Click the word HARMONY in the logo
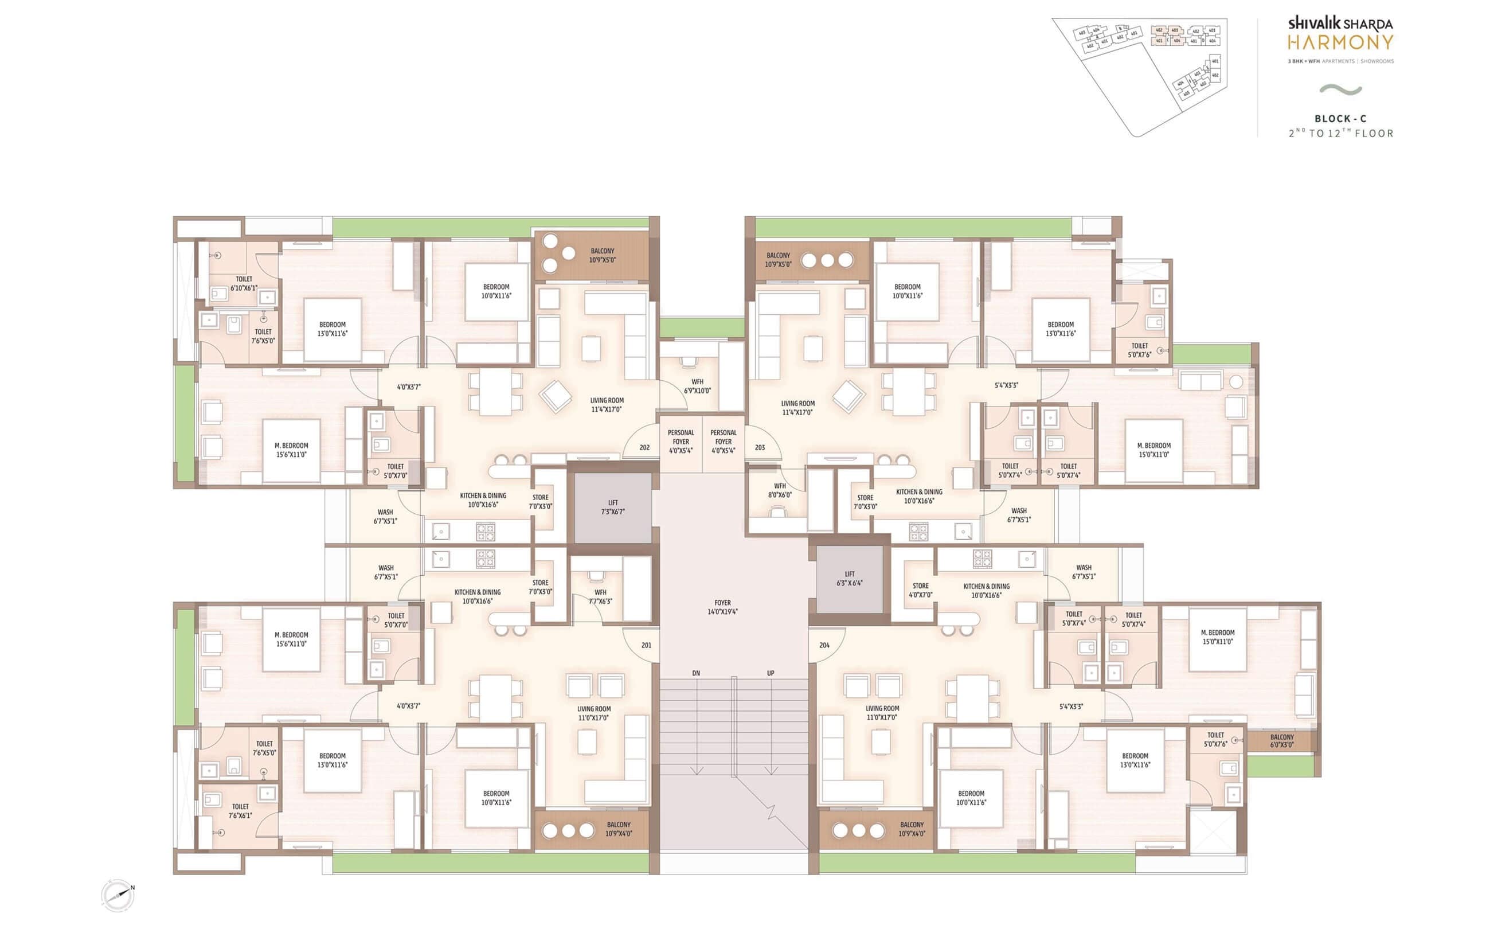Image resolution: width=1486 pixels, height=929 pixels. point(1340,42)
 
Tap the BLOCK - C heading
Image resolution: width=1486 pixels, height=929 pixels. point(1340,119)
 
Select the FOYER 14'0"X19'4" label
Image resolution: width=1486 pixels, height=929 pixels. point(722,607)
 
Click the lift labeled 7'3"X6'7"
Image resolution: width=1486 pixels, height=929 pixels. point(613,507)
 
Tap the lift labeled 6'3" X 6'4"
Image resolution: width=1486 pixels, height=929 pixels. point(849,578)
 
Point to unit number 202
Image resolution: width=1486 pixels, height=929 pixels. point(644,447)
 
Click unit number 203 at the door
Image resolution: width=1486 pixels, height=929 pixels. point(760,447)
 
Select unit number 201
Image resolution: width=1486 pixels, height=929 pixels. point(646,645)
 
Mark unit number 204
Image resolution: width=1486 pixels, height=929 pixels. point(824,645)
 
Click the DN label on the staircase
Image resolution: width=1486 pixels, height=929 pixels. point(696,673)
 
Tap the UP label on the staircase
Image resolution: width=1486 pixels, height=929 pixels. point(770,673)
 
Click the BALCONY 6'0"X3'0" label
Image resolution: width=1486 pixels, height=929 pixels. point(1281,740)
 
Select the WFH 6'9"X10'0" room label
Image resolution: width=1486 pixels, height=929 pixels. point(697,386)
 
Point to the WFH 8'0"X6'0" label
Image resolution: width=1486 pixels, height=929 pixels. point(779,490)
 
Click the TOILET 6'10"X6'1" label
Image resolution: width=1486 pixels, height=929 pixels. point(244,283)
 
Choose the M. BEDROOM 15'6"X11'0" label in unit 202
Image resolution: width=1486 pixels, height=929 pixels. point(291,450)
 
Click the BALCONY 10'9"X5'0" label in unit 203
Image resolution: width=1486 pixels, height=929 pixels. point(778,259)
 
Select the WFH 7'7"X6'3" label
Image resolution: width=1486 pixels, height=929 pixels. point(600,596)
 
